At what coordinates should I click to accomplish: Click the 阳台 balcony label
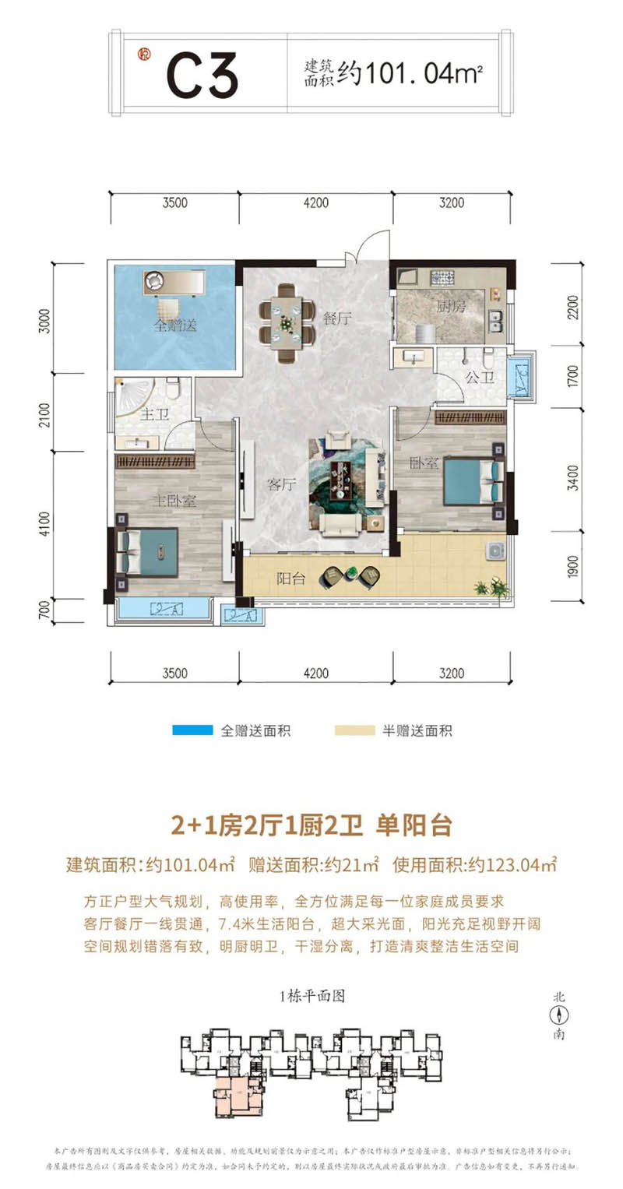tap(290, 579)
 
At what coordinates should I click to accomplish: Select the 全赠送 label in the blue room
tap(174, 325)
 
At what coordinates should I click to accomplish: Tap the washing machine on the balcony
tap(494, 551)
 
